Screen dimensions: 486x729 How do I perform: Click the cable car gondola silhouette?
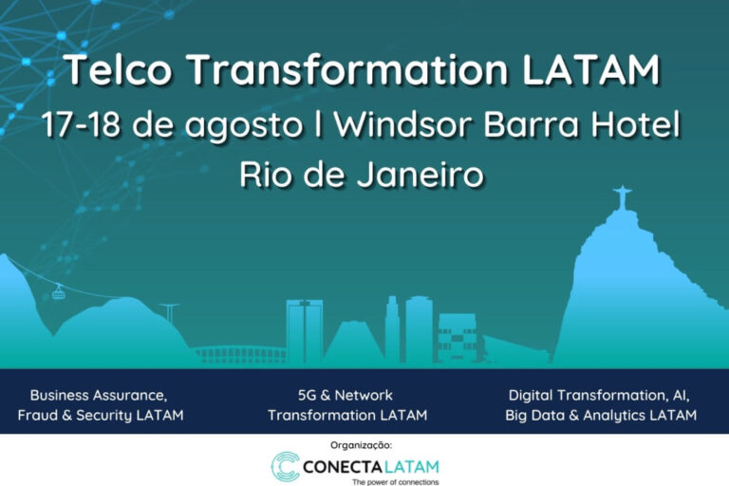click(59, 292)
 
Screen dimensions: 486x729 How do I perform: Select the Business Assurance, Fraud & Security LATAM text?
click(100, 405)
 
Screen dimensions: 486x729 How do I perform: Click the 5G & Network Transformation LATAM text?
click(346, 405)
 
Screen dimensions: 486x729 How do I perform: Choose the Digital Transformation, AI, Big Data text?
click(601, 405)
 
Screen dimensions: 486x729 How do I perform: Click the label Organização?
click(361, 444)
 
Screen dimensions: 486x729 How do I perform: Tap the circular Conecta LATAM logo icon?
click(285, 466)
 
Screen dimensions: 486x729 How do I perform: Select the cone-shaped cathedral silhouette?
click(353, 342)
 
